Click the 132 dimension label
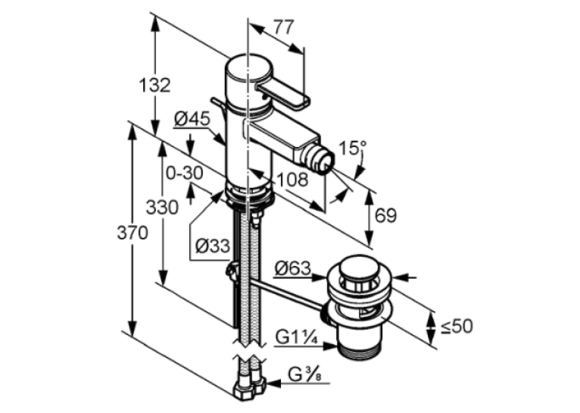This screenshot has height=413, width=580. pos(154,86)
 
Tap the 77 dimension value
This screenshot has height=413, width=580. pos(284,27)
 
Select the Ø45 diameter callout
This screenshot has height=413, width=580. pos(192,119)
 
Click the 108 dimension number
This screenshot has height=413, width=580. pos(292,180)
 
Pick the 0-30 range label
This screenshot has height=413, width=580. pos(185,173)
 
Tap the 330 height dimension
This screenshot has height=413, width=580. pos(162,207)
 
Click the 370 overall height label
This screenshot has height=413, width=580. pos(133,233)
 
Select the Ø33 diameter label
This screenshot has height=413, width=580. pos(213,246)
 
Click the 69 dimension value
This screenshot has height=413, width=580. pos(386,215)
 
